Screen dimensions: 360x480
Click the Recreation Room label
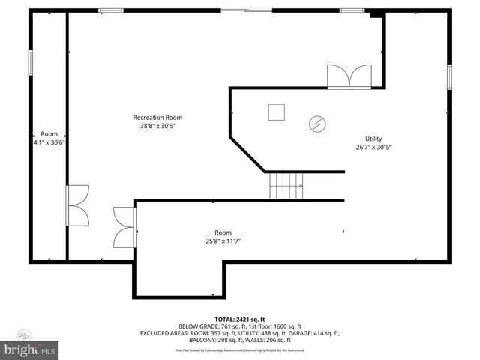[x=157, y=118]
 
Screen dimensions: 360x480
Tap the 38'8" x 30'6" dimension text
[x=157, y=127]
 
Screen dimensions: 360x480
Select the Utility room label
[x=373, y=139]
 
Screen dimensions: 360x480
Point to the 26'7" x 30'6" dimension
[x=373, y=148]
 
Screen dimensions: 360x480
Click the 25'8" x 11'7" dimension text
[x=223, y=241]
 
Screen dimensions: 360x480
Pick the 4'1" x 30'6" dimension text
[x=49, y=142]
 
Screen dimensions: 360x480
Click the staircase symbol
[x=286, y=184]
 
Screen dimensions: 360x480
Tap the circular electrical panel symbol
[x=317, y=123]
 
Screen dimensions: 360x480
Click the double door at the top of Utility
[x=349, y=76]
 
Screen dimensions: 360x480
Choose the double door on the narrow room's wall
[x=76, y=205]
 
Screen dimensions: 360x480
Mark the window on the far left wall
[x=31, y=62]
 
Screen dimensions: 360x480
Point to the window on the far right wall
[x=449, y=77]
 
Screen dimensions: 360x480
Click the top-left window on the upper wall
[x=111, y=10]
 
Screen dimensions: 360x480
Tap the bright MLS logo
[x=30, y=349]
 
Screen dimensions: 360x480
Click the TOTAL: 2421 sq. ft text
[x=240, y=319]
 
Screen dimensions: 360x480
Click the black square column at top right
[x=376, y=13]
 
